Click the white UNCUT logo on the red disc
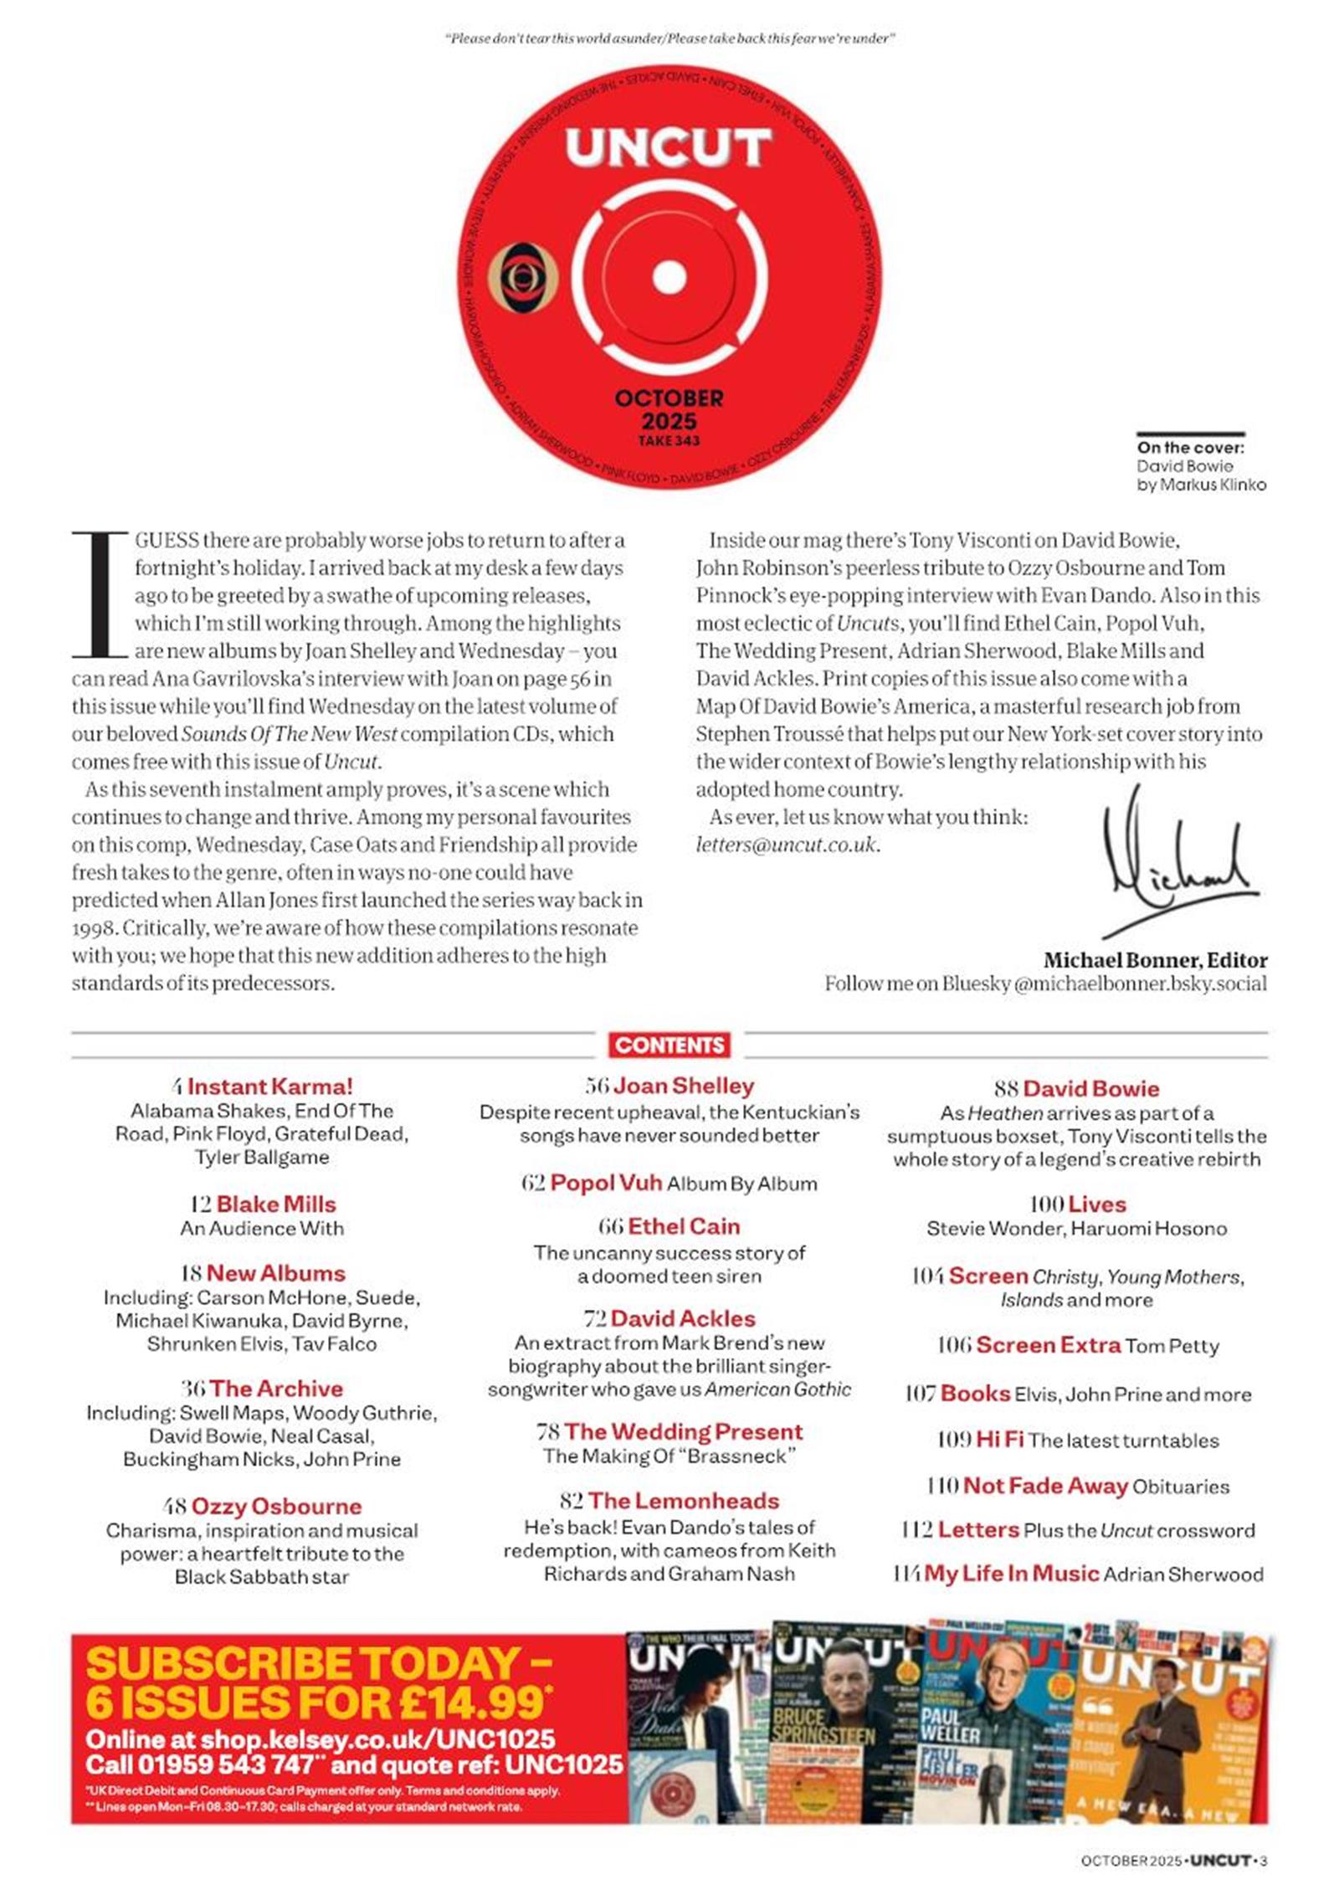pyautogui.click(x=667, y=149)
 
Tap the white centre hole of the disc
pyautogui.click(x=669, y=278)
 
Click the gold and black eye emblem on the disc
pyautogui.click(x=522, y=277)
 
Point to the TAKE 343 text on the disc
pyautogui.click(x=669, y=440)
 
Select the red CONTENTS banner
pyautogui.click(x=669, y=1045)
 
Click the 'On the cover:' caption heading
pyautogui.click(x=1190, y=448)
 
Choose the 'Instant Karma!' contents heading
pyautogui.click(x=269, y=1086)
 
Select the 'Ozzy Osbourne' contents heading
pyautogui.click(x=276, y=1506)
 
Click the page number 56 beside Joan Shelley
pyautogui.click(x=597, y=1086)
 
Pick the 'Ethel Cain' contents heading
pyautogui.click(x=684, y=1226)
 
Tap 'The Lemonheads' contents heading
pyautogui.click(x=683, y=1501)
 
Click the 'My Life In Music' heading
pyautogui.click(x=1011, y=1574)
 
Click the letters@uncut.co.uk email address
pyautogui.click(x=787, y=845)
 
